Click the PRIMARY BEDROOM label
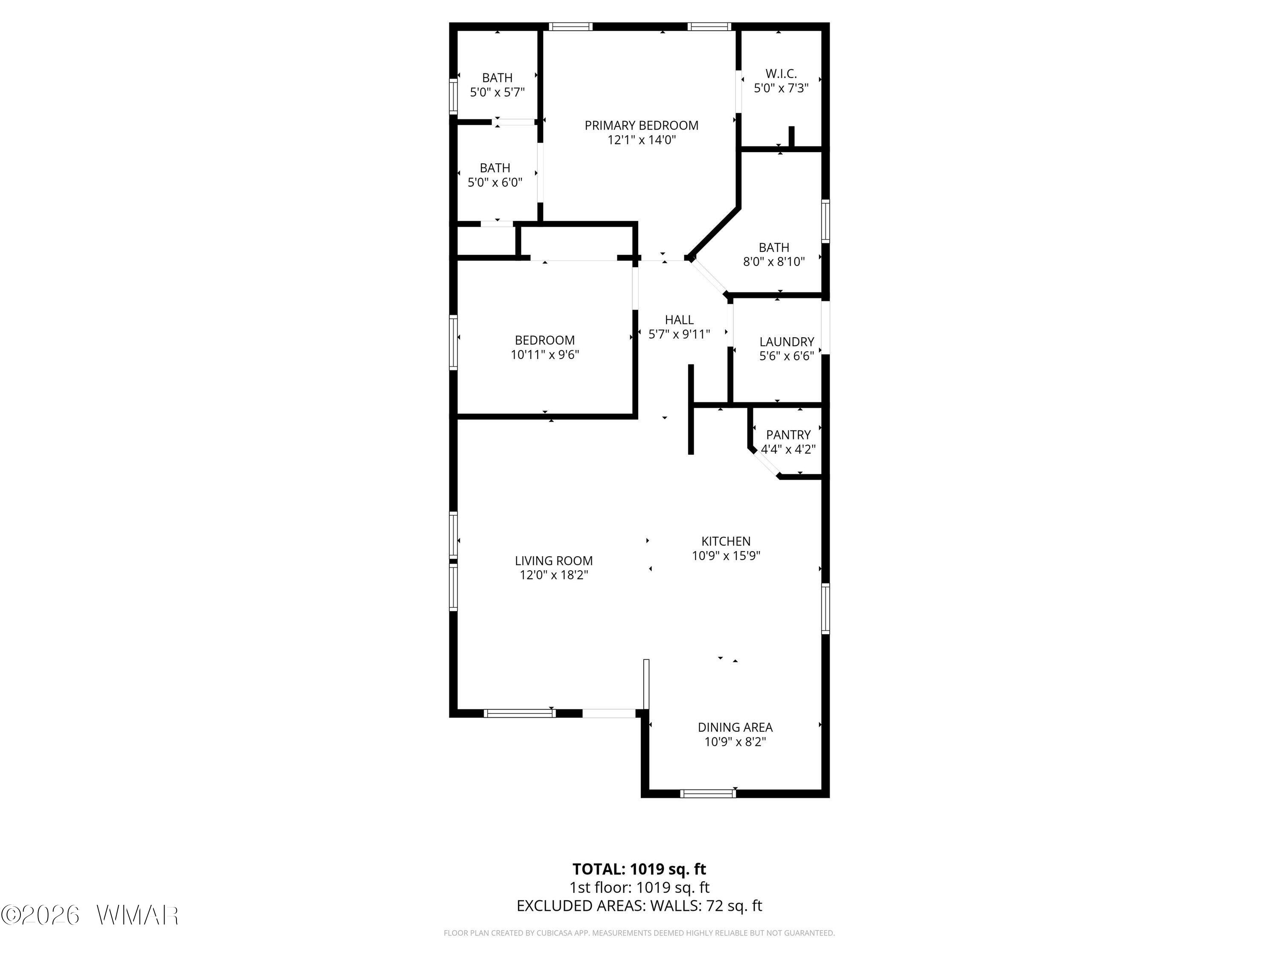point(641,125)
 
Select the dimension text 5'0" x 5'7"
point(497,92)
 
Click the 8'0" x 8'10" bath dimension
point(774,261)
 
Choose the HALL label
point(680,320)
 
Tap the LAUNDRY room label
point(786,342)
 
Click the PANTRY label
point(788,435)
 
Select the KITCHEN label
point(726,541)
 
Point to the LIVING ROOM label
point(554,561)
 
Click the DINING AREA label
point(735,727)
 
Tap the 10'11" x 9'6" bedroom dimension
point(545,354)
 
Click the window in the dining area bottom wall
point(708,794)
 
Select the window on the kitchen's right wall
point(826,609)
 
